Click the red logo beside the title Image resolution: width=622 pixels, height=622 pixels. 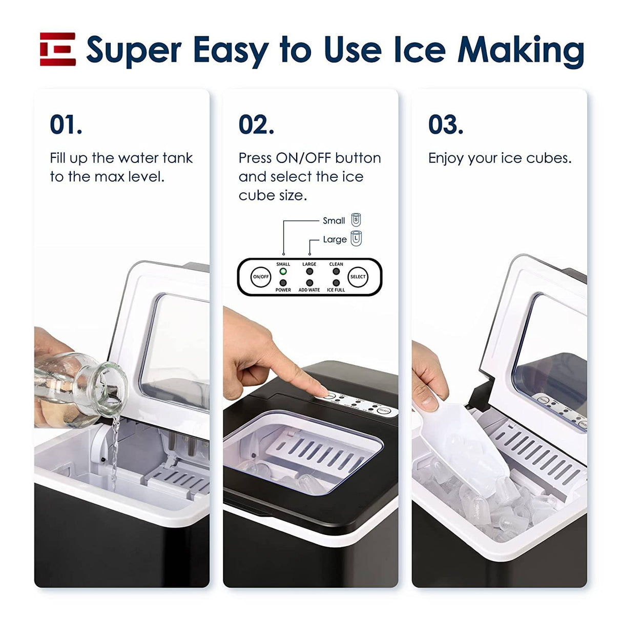click(58, 49)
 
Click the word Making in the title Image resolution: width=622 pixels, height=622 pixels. click(521, 51)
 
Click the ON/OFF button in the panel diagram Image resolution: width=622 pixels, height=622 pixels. click(261, 277)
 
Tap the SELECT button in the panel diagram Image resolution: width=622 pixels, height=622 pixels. click(358, 277)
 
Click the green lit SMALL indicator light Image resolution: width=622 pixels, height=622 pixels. click(283, 272)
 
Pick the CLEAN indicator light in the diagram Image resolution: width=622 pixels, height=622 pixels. click(336, 272)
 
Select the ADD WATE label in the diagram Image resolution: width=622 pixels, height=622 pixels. click(309, 290)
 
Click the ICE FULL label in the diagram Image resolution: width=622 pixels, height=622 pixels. click(336, 290)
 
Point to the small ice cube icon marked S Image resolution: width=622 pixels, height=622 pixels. click(356, 220)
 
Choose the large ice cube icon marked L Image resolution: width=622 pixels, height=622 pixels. click(356, 238)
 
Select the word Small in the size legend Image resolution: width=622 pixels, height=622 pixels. click(334, 221)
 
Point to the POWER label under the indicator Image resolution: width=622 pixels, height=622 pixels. click(283, 290)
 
